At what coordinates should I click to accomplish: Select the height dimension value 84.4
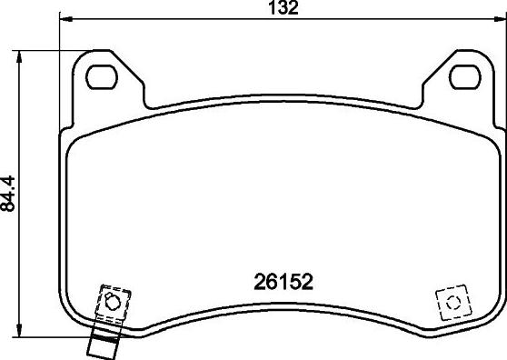[11, 194]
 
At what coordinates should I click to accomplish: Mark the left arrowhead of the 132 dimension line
[65, 20]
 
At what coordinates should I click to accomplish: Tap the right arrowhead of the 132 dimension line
[502, 20]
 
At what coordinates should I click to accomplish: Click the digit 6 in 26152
[269, 283]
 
